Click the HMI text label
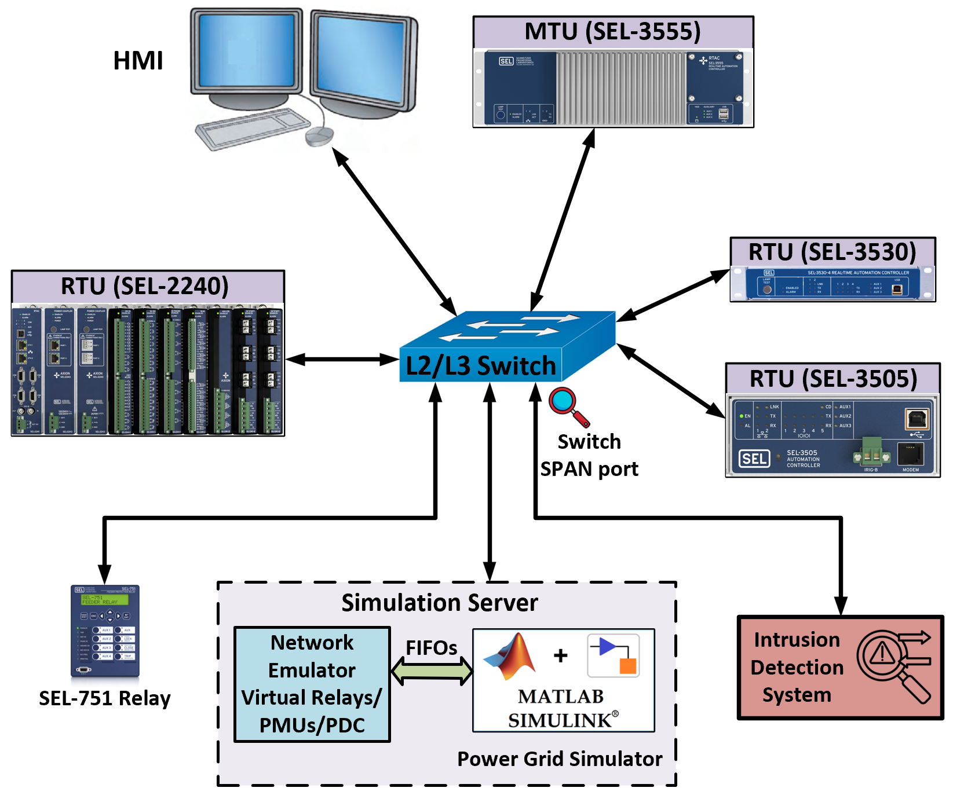138,61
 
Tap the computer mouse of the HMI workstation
319,136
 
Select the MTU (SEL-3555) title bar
613,32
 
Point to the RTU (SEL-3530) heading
832,252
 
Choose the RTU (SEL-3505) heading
833,379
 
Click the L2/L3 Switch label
481,366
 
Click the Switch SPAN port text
589,455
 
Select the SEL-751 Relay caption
105,698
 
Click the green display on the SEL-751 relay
104,599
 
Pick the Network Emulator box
312,684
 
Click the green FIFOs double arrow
432,671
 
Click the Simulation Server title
439,603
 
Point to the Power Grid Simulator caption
559,759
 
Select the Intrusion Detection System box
840,668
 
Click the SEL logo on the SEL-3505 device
754,459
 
